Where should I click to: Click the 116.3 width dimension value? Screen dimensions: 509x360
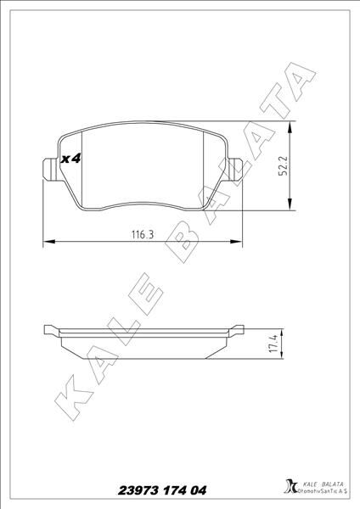click(x=143, y=234)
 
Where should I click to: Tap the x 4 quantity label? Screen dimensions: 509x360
click(x=70, y=158)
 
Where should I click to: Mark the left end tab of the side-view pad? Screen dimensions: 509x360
click(x=50, y=329)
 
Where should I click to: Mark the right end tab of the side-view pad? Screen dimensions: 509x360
click(x=237, y=329)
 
